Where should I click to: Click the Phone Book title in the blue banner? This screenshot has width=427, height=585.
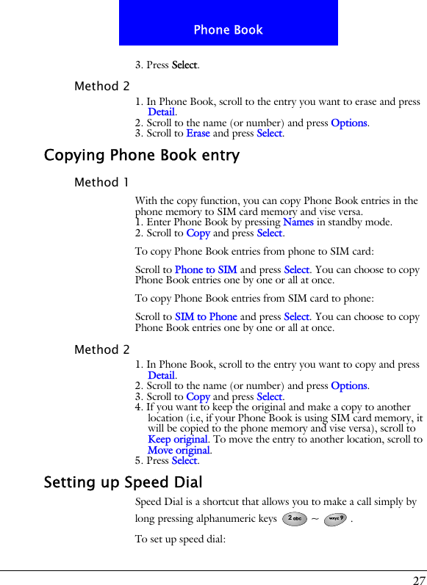228,30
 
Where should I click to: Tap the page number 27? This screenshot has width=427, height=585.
418,579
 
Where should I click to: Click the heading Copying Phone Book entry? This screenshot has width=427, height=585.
142,156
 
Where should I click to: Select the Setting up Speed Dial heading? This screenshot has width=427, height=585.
123,483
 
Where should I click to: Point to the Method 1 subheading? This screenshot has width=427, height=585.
101,182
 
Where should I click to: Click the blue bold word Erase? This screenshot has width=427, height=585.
198,134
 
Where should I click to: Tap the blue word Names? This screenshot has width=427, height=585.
298,222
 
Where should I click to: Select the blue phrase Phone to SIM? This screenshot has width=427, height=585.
206,270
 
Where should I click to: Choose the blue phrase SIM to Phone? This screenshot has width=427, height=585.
206,317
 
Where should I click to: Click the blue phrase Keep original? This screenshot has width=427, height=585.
178,440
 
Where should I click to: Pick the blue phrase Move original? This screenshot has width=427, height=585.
179,450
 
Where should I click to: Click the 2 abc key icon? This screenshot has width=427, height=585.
294,519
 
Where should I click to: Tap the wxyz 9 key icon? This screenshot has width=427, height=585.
335,519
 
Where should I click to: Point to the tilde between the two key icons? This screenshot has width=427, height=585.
315,519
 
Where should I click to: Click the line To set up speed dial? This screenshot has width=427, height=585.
180,539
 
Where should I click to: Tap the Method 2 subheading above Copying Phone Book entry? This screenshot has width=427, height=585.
101,86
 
